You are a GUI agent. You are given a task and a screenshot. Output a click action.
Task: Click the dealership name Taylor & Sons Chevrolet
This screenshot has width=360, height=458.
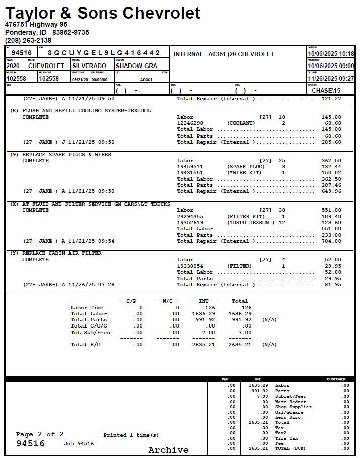coord(103,12)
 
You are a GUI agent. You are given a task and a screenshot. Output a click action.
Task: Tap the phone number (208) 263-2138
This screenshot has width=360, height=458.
coord(28,40)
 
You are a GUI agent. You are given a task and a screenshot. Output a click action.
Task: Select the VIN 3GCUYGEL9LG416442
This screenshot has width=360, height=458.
coord(104,53)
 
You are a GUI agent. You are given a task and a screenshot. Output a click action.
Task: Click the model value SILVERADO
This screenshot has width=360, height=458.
coord(89,66)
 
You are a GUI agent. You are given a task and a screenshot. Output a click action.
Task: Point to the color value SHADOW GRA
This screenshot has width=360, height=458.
coord(136,66)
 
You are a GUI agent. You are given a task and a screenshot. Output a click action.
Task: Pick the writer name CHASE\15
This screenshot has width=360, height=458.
coord(326,91)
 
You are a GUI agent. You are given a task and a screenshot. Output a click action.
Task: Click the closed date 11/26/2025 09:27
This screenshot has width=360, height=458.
coord(330,79)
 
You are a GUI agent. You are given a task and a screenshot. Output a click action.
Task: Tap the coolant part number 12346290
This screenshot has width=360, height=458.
coord(190,123)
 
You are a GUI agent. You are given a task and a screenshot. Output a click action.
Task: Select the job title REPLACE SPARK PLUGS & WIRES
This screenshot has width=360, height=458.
coord(67,154)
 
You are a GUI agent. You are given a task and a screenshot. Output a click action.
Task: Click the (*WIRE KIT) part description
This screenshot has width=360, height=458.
coord(242,173)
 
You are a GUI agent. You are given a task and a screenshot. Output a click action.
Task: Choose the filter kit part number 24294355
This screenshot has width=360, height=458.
coord(190,217)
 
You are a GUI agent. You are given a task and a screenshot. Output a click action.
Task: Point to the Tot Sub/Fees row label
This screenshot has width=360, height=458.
coord(90,333)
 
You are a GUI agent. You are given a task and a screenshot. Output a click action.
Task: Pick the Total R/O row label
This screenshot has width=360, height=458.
coord(86,345)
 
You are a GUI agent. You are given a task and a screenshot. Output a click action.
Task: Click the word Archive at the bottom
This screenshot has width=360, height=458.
coord(168,450)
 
